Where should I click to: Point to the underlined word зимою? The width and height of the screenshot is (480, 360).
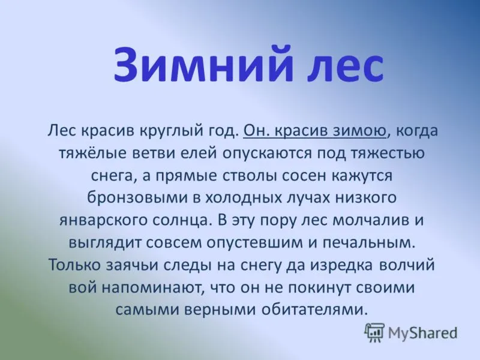pyautogui.click(x=359, y=131)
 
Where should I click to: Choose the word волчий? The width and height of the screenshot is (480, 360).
pyautogui.click(x=407, y=265)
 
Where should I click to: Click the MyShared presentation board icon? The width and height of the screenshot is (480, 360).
pyautogui.click(x=374, y=332)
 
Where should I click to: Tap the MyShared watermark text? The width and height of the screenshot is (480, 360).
pyautogui.click(x=422, y=333)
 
